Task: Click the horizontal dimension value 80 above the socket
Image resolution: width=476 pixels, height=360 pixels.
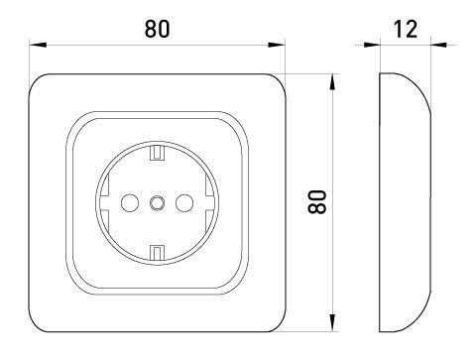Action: click(x=157, y=29)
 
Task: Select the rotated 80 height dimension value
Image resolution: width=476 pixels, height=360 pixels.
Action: click(x=317, y=201)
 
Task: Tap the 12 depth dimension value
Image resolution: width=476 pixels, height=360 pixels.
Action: click(x=406, y=29)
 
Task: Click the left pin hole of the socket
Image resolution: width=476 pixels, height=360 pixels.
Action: click(x=130, y=203)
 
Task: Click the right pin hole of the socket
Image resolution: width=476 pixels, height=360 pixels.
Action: click(x=184, y=203)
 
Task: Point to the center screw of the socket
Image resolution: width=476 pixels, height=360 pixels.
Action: click(x=157, y=203)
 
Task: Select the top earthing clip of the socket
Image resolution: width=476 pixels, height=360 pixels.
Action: click(x=157, y=153)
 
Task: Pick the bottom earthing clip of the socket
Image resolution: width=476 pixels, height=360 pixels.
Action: click(x=157, y=253)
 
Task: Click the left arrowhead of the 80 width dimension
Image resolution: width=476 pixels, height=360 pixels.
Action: click(x=38, y=45)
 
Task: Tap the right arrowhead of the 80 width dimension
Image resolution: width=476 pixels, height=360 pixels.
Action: click(x=276, y=45)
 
